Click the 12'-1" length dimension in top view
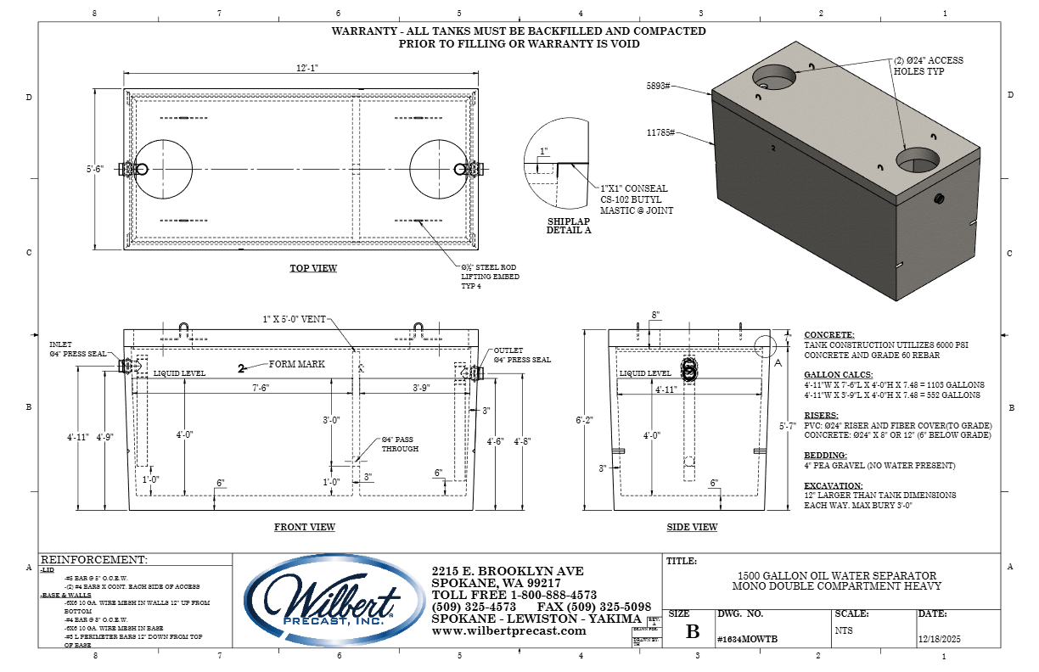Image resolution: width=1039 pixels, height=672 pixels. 296,69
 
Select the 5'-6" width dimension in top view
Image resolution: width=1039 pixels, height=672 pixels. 94,169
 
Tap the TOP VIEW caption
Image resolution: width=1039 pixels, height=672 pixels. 313,268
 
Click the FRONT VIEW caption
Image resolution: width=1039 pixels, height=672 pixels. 304,527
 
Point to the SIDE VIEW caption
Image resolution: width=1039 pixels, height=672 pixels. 692,527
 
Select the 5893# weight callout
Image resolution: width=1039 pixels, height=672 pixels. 659,87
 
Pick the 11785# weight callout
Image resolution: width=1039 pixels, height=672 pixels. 660,133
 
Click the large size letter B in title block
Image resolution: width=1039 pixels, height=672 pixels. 693,631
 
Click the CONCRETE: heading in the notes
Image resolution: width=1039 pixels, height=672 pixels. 829,335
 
